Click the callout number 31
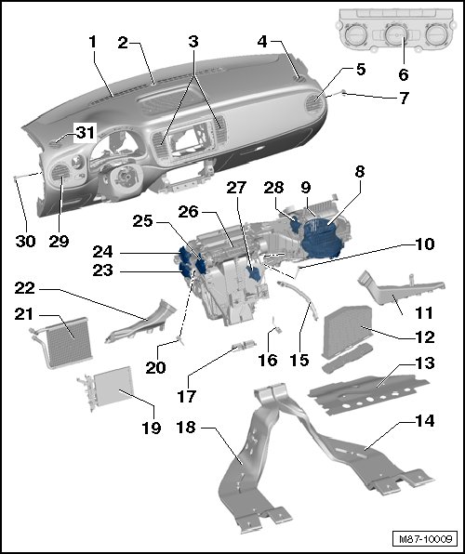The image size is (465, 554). click(x=86, y=133)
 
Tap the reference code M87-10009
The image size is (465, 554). click(x=425, y=539)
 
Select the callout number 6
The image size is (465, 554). click(x=404, y=74)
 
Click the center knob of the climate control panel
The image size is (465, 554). click(x=395, y=35)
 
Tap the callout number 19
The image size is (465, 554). click(x=152, y=428)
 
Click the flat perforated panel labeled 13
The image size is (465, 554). click(x=369, y=394)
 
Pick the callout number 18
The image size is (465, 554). click(x=186, y=428)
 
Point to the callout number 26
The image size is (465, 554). click(x=189, y=212)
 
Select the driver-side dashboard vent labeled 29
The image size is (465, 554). click(x=60, y=172)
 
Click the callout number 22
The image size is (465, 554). click(x=25, y=289)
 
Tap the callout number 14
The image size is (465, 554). click(x=424, y=421)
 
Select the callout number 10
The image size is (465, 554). click(x=424, y=244)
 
